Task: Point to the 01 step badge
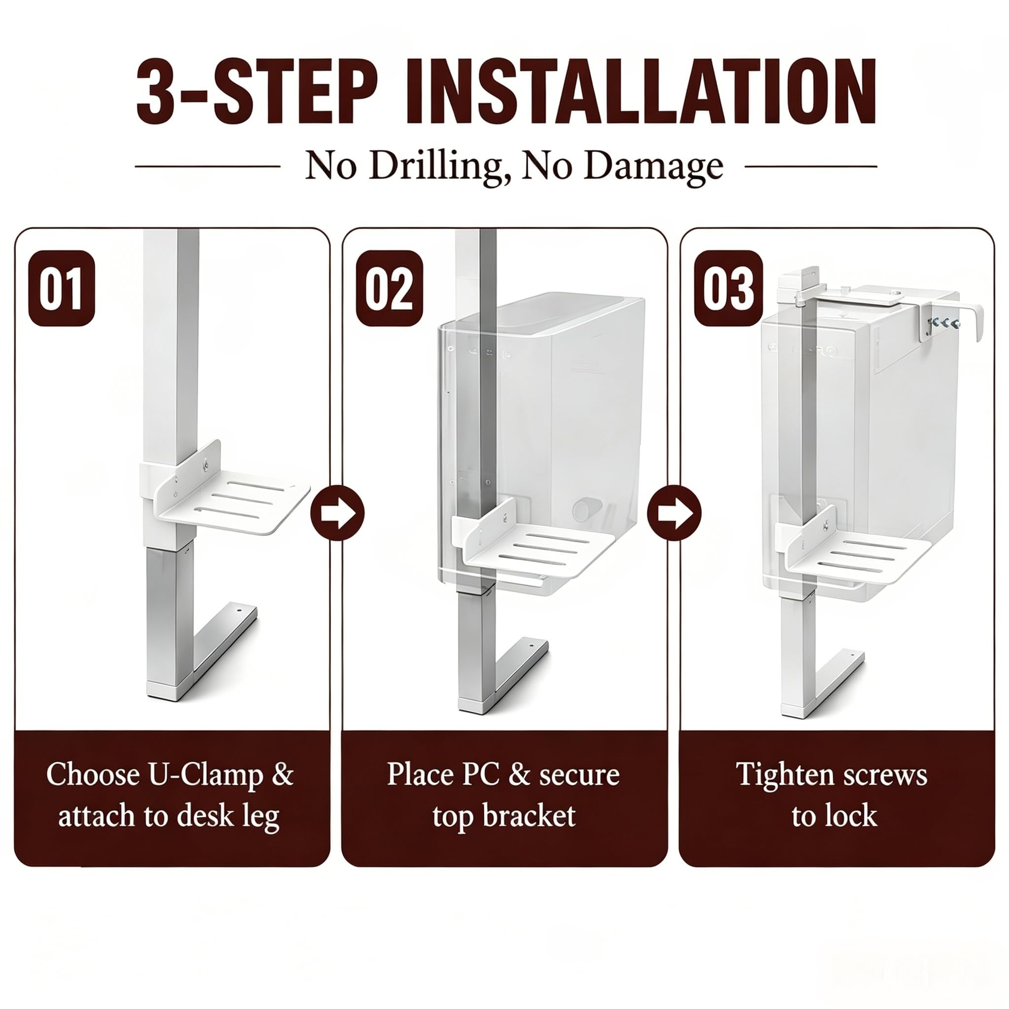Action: pos(62,288)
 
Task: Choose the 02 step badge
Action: pos(389,288)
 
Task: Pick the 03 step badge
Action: pos(728,288)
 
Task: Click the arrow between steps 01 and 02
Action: pos(337,512)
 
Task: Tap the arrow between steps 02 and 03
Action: pos(674,512)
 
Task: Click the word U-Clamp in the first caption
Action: pos(206,775)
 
